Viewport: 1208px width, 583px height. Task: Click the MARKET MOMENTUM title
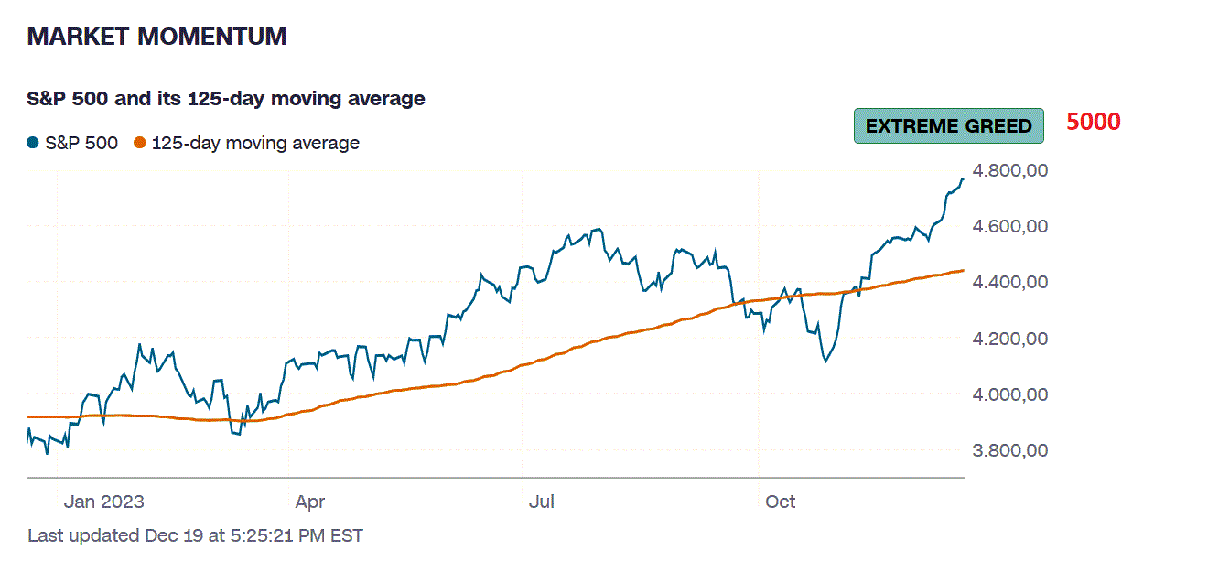click(x=156, y=37)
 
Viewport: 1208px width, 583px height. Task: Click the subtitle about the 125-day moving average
click(x=226, y=98)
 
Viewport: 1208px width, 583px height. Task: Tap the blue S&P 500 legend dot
click(x=33, y=143)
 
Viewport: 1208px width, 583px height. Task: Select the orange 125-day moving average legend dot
click(x=140, y=143)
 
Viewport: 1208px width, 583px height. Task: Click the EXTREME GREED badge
click(x=948, y=126)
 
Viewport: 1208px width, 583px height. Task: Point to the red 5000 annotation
click(x=1094, y=122)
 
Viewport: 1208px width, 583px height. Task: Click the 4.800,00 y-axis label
click(x=1009, y=170)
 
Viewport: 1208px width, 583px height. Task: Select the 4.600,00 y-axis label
click(x=1009, y=226)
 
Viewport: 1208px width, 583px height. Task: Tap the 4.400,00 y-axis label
click(x=1009, y=282)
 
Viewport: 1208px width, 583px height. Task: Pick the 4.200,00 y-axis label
click(x=1009, y=339)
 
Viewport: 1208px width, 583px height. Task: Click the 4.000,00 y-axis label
click(x=1009, y=394)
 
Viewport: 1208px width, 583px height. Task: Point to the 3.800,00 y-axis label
click(x=1009, y=450)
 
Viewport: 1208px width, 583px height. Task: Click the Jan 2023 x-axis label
click(x=103, y=502)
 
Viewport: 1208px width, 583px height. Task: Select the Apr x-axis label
click(x=310, y=502)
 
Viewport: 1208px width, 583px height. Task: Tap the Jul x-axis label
click(x=543, y=502)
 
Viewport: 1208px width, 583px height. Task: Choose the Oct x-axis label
click(x=781, y=502)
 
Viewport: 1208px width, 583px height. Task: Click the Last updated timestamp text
click(x=195, y=535)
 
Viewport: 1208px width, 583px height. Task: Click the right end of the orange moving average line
click(x=963, y=270)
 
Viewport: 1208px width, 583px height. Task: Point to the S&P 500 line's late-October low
click(x=825, y=362)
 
